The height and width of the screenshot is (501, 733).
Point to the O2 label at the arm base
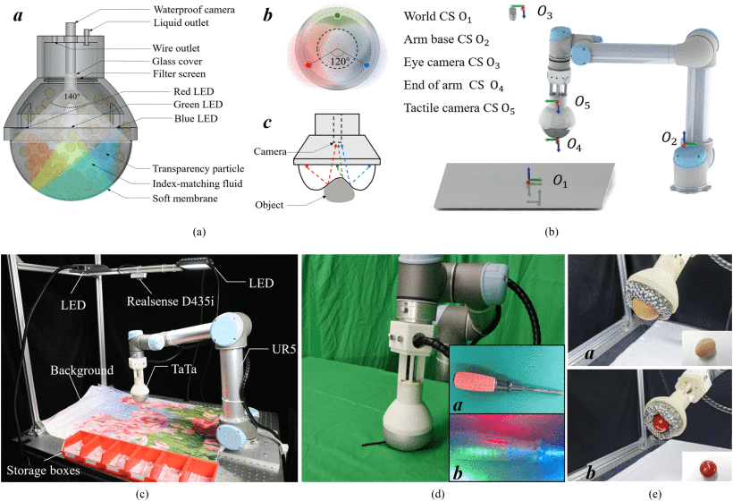[668, 138]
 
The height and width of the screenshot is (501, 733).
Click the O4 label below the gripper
[574, 146]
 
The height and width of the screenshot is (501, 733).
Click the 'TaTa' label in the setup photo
[170, 368]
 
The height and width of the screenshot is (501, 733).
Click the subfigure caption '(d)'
[434, 490]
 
